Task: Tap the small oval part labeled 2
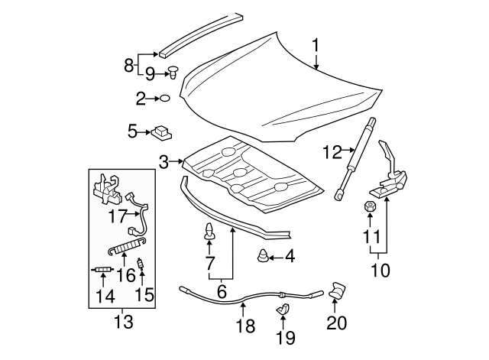(x=164, y=98)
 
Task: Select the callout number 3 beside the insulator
(x=164, y=162)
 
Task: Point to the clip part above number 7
(x=209, y=232)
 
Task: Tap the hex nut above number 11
(x=368, y=206)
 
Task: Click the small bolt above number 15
(x=141, y=268)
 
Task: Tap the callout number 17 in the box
(x=117, y=216)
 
